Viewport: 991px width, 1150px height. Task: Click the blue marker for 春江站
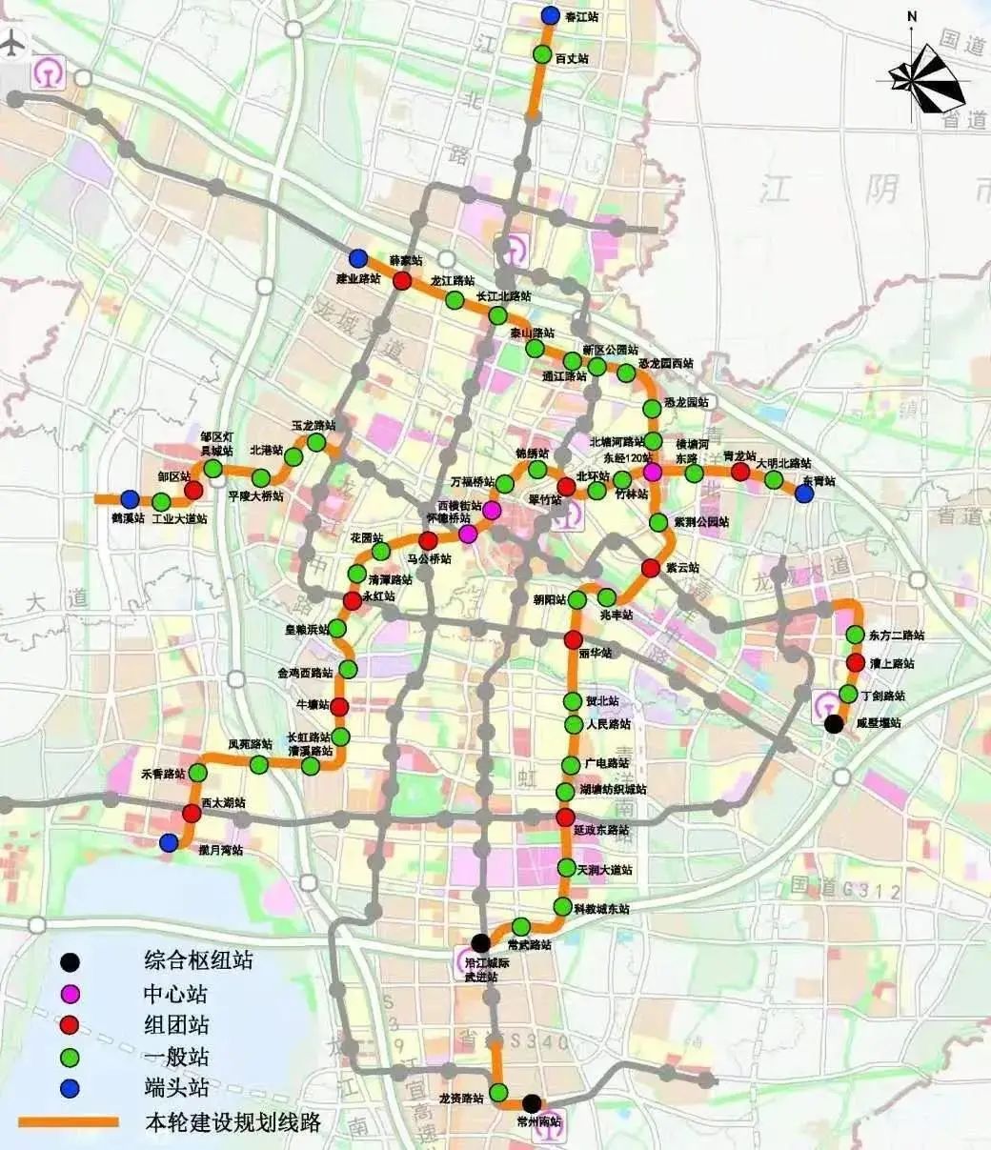coord(550,15)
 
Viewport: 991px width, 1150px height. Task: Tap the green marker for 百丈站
coord(542,54)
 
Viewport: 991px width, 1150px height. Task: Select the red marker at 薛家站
coord(403,280)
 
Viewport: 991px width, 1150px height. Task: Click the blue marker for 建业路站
coord(358,257)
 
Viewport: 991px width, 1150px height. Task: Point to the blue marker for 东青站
coord(804,494)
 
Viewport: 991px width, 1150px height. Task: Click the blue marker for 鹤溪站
coord(130,498)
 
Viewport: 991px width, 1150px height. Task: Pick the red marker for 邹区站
coord(193,490)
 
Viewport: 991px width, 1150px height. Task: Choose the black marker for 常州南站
coord(532,1102)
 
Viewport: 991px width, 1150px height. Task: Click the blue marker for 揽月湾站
coord(169,842)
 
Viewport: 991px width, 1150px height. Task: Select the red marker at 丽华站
coord(573,639)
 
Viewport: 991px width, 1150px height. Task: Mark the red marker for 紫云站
coord(651,568)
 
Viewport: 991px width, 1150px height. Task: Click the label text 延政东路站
coord(601,831)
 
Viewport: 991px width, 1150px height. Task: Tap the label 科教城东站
coord(601,909)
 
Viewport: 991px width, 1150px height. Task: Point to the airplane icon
coord(12,44)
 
